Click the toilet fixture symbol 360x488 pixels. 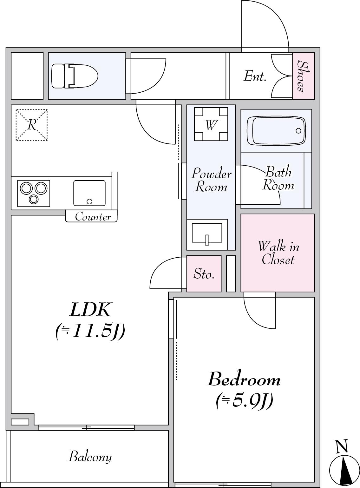click(75, 76)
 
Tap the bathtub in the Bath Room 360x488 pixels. click(276, 131)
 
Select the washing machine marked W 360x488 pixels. click(211, 124)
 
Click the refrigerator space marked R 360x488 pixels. click(32, 125)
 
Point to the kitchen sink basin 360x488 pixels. click(89, 193)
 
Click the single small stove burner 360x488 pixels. click(34, 199)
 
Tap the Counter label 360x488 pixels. click(93, 216)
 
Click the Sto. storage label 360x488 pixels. click(204, 274)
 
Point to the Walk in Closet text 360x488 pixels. click(278, 253)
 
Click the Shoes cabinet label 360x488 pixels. click(304, 76)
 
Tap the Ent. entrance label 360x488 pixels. click(255, 76)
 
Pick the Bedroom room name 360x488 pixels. click(244, 379)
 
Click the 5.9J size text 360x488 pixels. click(244, 401)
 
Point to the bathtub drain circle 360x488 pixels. click(298, 131)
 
